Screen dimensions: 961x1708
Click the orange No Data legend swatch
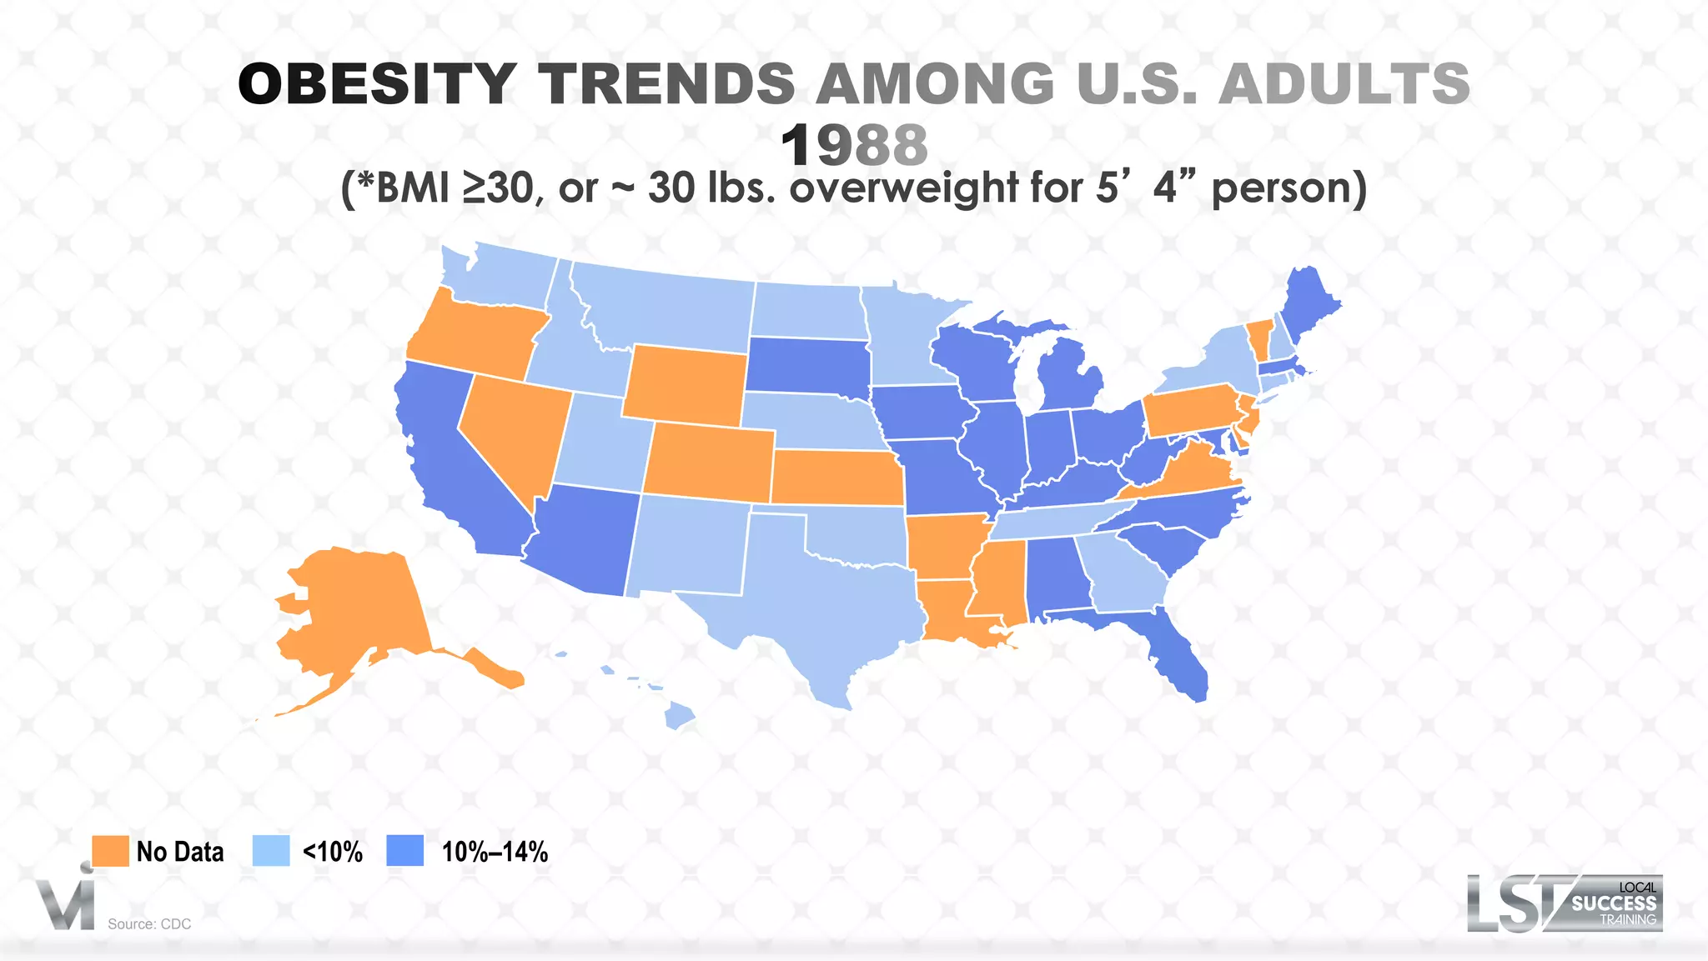click(x=110, y=851)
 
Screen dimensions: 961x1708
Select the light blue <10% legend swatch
click(x=271, y=851)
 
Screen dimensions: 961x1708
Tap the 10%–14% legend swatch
click(x=405, y=851)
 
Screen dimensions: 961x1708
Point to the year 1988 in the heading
click(x=854, y=145)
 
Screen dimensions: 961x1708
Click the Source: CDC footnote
click(x=149, y=923)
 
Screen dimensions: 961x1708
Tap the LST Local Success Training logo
click(x=1565, y=903)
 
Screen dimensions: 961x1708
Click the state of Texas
click(x=817, y=608)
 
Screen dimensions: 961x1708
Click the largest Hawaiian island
click(x=680, y=716)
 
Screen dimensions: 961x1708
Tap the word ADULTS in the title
click(x=1344, y=84)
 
